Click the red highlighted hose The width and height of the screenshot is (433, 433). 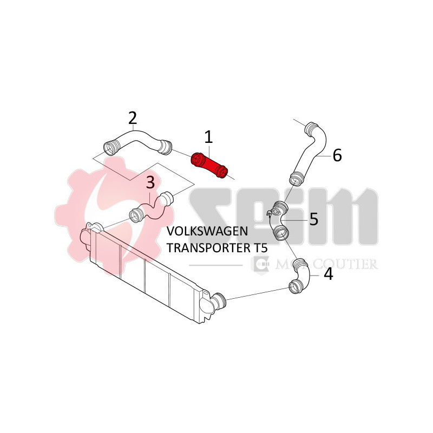tap(209, 165)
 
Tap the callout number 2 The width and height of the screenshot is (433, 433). tap(132, 117)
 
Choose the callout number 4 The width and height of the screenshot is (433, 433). tap(328, 274)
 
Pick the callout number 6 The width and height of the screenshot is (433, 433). tap(337, 156)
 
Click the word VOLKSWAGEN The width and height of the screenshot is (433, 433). tap(208, 232)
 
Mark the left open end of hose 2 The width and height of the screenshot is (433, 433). tap(110, 147)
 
